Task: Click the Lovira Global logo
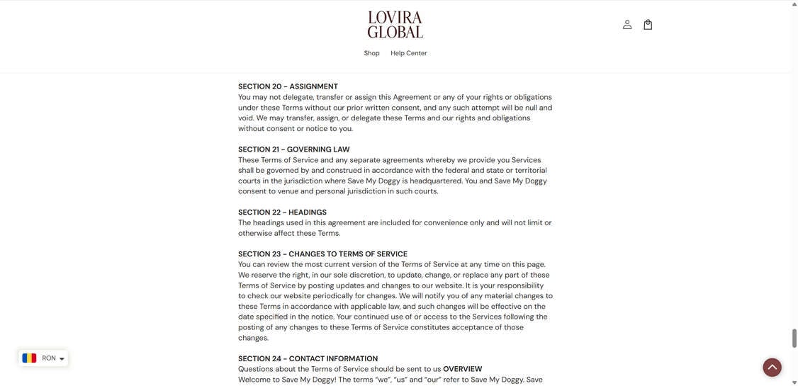click(395, 25)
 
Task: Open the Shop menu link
click(371, 53)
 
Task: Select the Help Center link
click(408, 53)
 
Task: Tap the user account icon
click(627, 25)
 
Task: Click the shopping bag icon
click(648, 25)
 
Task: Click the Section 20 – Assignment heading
click(288, 86)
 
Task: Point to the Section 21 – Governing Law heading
click(293, 149)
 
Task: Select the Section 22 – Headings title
click(282, 212)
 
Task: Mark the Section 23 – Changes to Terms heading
click(322, 254)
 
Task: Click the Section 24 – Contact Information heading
click(308, 359)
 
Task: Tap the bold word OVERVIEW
click(462, 369)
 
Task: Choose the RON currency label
click(49, 358)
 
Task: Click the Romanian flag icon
click(29, 358)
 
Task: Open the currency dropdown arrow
click(62, 359)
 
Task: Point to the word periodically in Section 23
click(332, 296)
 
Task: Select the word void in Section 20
click(246, 118)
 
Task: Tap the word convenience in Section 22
click(446, 222)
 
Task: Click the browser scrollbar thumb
click(793, 338)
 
